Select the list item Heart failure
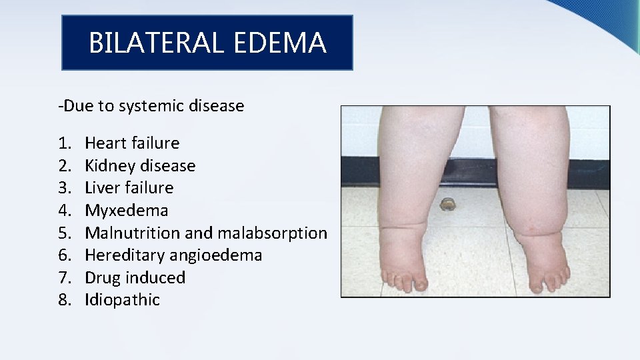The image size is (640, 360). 132,143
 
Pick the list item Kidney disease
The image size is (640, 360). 140,165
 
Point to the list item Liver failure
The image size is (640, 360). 129,188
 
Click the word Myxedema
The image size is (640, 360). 127,211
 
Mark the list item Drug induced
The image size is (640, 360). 135,278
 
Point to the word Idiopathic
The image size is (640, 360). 123,300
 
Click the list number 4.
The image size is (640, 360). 64,211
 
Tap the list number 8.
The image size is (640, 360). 64,300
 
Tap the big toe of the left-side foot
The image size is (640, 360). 421,285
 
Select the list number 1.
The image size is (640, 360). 64,143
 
